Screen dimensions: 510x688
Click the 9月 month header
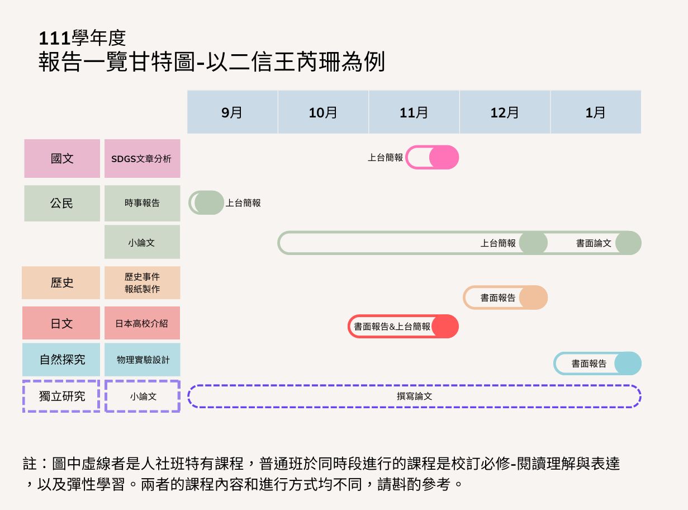tap(232, 112)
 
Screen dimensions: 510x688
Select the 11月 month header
tap(414, 112)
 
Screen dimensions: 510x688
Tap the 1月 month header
tap(595, 112)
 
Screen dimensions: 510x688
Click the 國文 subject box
tap(62, 158)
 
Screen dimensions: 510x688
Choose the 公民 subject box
tap(62, 203)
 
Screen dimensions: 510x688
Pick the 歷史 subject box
tap(61, 282)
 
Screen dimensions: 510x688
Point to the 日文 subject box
tap(61, 323)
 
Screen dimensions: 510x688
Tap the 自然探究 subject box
tap(61, 359)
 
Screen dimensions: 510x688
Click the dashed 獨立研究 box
tap(61, 396)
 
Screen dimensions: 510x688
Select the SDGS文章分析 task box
tap(142, 158)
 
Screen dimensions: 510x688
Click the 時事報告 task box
tap(142, 203)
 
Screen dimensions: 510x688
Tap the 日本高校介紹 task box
tap(142, 323)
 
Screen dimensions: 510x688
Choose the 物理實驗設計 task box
tap(142, 359)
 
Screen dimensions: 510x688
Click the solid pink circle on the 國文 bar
tap(444, 157)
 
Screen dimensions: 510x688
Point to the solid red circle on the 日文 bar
tap(445, 326)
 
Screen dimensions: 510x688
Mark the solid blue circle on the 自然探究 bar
tap(628, 363)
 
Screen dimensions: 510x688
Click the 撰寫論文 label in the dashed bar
tap(414, 396)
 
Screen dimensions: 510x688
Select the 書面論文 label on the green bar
tap(594, 243)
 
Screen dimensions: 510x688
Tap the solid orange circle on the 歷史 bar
tap(533, 297)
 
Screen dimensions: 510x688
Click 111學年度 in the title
tap(83, 38)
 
